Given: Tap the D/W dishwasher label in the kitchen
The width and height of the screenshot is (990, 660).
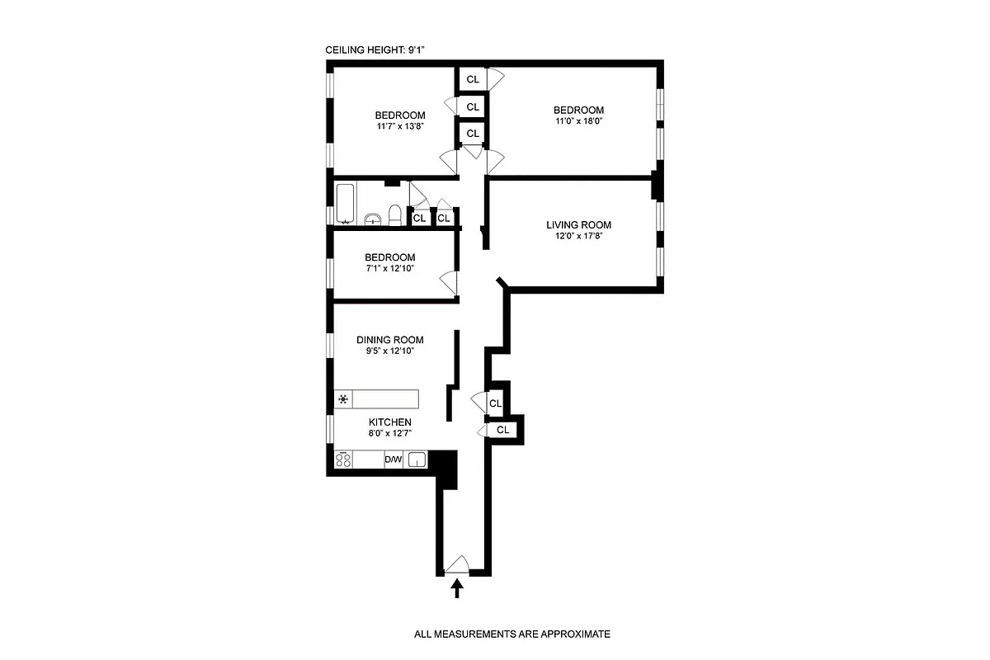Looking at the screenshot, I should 394,460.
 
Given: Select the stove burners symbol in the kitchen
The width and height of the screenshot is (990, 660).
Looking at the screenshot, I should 344,460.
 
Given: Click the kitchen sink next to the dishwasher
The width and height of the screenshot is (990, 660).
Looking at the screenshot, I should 417,460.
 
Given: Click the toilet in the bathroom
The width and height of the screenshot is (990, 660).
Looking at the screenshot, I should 395,215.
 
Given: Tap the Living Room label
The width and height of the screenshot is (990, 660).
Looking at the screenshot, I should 578,225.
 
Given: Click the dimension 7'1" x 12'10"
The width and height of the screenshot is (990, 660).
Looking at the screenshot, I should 390,269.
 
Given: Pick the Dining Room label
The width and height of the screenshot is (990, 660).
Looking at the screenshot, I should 390,340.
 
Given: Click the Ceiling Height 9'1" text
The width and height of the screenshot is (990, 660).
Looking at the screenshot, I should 375,51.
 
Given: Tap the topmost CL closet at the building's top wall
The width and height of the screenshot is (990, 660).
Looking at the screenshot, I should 473,79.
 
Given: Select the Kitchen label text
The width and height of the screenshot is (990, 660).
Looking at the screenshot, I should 390,422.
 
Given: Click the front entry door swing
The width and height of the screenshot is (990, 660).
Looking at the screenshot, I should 456,564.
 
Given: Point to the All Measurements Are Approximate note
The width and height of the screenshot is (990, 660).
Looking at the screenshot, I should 511,634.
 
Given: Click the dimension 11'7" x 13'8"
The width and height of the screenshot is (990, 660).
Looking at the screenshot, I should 400,127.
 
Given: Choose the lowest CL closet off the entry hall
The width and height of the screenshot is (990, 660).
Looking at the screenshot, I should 502,430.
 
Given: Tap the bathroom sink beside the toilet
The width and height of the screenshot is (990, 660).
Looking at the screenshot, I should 374,219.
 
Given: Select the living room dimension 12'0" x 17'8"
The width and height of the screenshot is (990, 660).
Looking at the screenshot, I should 578,237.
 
